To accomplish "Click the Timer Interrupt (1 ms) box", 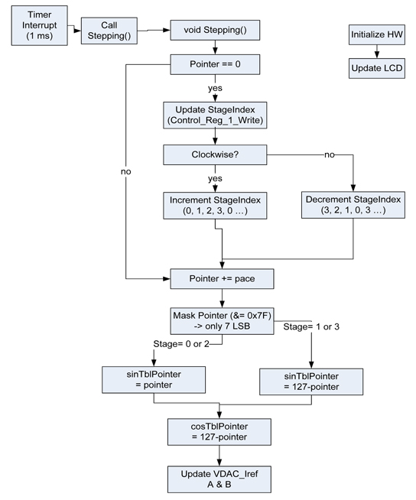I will pyautogui.click(x=35, y=26).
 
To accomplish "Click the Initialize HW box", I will pyautogui.click(x=377, y=35).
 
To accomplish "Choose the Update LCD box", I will pyautogui.click(x=377, y=68).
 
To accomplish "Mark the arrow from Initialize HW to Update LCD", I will pyautogui.click(x=377, y=51).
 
